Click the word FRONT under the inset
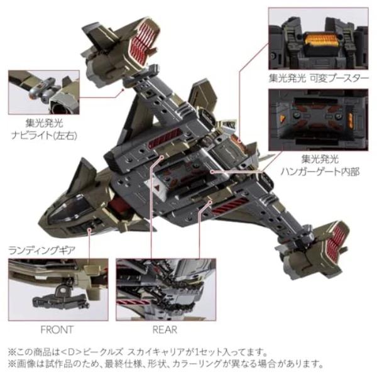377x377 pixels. tap(57, 330)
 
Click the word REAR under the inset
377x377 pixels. tap(165, 330)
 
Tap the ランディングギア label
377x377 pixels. tap(42, 251)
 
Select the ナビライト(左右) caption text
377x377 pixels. tap(44, 136)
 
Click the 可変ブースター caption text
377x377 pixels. tap(339, 79)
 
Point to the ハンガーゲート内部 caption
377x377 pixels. tap(320, 172)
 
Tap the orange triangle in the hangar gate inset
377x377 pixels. tap(282, 118)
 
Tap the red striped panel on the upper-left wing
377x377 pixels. tap(165, 137)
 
